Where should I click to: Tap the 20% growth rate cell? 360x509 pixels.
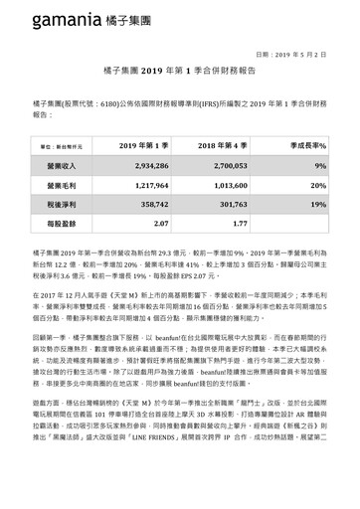319,185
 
